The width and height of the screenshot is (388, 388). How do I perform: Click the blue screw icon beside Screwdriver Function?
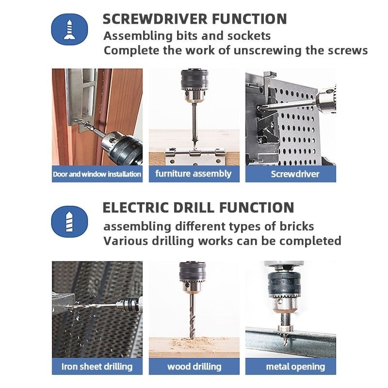tap(69, 29)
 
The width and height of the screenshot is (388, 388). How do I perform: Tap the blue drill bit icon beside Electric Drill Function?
tap(69, 222)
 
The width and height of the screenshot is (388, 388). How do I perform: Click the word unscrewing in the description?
tap(267, 51)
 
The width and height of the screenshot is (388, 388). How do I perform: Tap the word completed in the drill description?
tap(310, 241)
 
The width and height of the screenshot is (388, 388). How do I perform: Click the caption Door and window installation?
tap(97, 174)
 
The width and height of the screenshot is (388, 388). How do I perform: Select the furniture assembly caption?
tap(194, 174)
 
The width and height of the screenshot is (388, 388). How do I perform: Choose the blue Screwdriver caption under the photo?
tap(295, 174)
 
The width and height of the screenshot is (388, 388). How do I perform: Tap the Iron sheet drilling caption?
tap(97, 367)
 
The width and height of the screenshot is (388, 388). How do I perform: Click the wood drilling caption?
tap(194, 367)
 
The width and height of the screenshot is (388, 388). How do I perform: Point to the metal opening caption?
tap(295, 367)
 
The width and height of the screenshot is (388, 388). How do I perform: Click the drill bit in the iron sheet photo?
tap(95, 305)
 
